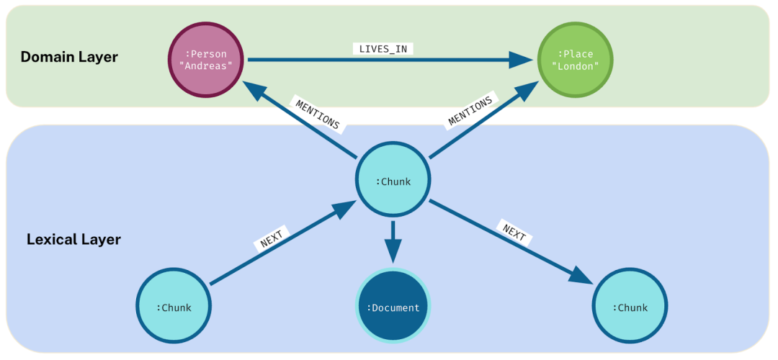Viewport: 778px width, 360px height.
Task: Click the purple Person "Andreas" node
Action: [205, 60]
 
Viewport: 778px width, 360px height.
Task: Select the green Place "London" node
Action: [575, 60]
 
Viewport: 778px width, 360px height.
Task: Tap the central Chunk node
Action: [393, 181]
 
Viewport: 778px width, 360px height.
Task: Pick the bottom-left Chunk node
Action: [174, 307]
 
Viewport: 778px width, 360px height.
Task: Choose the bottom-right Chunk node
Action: [630, 307]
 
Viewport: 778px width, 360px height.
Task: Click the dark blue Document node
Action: [393, 307]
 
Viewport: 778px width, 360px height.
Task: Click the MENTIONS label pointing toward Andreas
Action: [317, 114]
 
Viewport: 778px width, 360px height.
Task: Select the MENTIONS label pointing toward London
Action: [470, 111]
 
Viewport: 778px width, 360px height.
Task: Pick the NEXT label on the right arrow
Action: [514, 233]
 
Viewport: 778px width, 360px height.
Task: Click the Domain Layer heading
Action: [68, 57]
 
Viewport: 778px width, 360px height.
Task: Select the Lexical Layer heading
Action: [73, 239]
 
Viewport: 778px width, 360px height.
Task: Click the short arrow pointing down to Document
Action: [393, 245]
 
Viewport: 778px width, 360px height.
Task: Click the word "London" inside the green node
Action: [575, 66]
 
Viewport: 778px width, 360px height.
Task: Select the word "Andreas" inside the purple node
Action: [205, 66]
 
